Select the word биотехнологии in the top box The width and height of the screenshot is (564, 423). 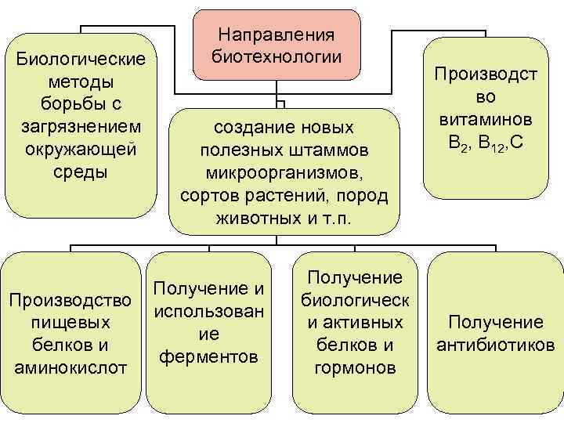(x=277, y=56)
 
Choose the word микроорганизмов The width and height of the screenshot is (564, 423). (x=283, y=172)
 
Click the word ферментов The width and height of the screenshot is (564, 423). (x=208, y=357)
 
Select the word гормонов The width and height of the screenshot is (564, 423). (x=354, y=367)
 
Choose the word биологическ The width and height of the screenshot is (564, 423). (x=355, y=300)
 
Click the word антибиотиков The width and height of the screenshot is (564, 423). (x=493, y=345)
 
